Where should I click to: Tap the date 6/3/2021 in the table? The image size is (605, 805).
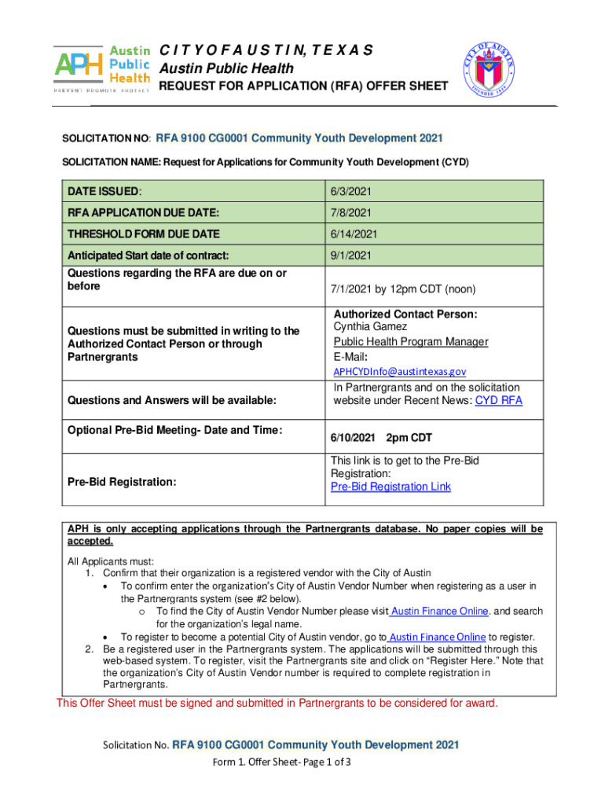click(353, 191)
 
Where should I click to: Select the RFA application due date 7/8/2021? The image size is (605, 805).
click(353, 212)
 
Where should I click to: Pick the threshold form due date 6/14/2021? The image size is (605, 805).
click(356, 233)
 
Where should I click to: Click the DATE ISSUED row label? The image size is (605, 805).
click(104, 191)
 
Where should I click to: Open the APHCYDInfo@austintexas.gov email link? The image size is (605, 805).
click(400, 371)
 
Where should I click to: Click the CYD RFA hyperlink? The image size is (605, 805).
click(499, 401)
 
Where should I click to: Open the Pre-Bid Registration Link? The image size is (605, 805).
click(390, 487)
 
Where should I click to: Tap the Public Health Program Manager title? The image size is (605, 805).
click(411, 341)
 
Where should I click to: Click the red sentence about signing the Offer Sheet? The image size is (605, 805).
click(277, 703)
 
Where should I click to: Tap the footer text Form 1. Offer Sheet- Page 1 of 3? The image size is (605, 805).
click(280, 763)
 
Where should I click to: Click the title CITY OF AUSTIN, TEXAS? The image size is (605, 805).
click(266, 51)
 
